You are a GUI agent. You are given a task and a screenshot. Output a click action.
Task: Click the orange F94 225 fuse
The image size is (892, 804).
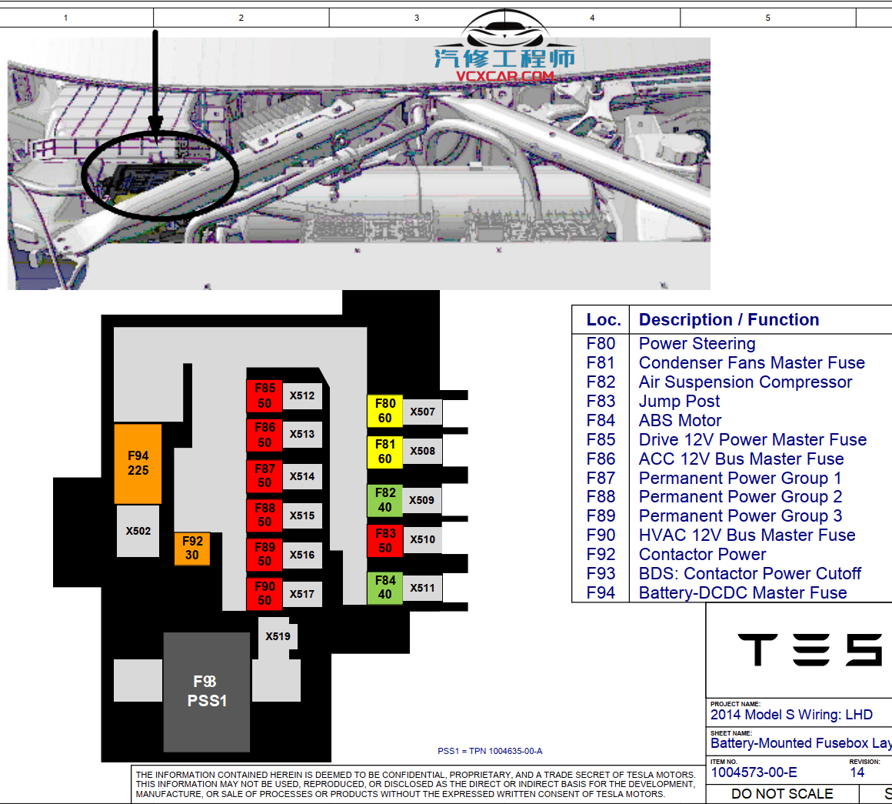pyautogui.click(x=138, y=463)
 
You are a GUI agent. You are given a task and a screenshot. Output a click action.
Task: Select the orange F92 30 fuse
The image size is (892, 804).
pyautogui.click(x=192, y=549)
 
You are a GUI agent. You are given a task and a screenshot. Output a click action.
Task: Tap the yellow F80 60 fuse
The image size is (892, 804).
pyautogui.click(x=384, y=411)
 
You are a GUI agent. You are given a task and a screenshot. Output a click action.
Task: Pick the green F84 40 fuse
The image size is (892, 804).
pyautogui.click(x=384, y=588)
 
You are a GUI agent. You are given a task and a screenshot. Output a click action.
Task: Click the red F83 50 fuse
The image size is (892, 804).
pyautogui.click(x=384, y=541)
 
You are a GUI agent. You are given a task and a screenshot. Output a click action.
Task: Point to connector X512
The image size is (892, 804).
pyautogui.click(x=302, y=395)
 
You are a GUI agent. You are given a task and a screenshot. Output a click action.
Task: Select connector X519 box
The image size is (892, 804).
pyautogui.click(x=278, y=637)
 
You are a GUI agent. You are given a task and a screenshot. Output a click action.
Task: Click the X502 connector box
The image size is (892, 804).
pyautogui.click(x=138, y=531)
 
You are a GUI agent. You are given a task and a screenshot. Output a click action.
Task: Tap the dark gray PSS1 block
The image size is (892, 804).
pyautogui.click(x=207, y=692)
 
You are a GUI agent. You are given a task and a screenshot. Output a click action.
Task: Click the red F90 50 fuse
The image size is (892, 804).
pyautogui.click(x=265, y=593)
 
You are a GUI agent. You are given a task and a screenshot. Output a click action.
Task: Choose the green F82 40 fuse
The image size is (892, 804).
pyautogui.click(x=384, y=500)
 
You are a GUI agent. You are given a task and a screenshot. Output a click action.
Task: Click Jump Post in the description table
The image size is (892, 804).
pyautogui.click(x=679, y=402)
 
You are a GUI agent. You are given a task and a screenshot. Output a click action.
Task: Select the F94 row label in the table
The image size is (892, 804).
pyautogui.click(x=601, y=593)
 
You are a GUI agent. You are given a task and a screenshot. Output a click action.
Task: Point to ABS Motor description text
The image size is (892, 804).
pyautogui.click(x=680, y=421)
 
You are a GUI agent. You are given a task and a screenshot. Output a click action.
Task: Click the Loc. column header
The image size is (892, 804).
pyautogui.click(x=603, y=320)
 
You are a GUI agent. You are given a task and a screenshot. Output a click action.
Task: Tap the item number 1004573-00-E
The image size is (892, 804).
pyautogui.click(x=754, y=772)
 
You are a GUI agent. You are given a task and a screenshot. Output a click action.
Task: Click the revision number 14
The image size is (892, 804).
pyautogui.click(x=857, y=772)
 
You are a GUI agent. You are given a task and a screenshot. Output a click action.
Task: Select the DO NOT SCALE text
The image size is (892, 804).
pyautogui.click(x=782, y=794)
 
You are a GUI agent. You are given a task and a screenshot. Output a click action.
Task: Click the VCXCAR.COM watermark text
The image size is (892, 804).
pyautogui.click(x=505, y=76)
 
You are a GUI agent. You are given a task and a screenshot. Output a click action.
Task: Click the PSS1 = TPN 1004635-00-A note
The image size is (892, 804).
pyautogui.click(x=490, y=751)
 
